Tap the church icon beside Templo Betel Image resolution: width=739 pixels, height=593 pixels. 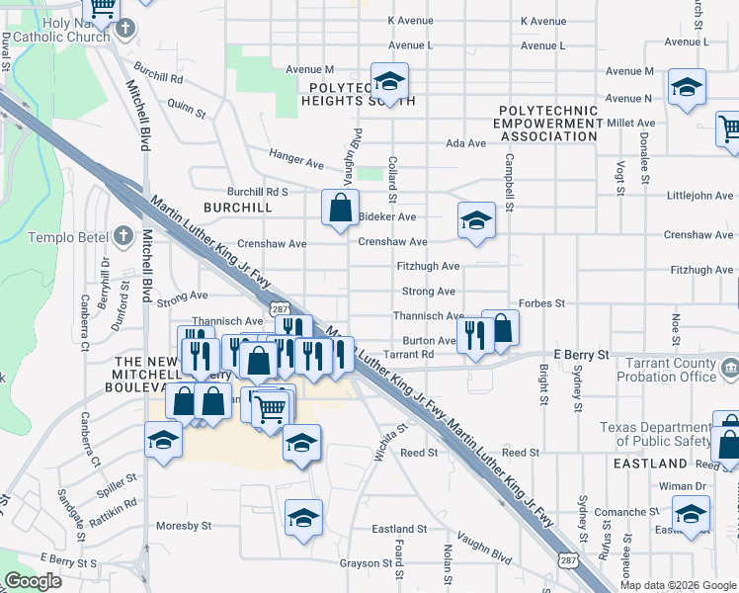point(122,236)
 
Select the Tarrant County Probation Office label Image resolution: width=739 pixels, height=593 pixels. point(669,370)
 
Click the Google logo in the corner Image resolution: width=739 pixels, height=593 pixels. point(33,582)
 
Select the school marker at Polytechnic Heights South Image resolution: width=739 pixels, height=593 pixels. point(389,82)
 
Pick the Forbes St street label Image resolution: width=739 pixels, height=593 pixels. point(542,303)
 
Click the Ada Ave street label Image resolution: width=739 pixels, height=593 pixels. point(466,143)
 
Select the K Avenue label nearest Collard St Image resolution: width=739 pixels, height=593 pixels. point(410,20)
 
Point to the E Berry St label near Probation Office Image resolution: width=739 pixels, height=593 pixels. point(584,354)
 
